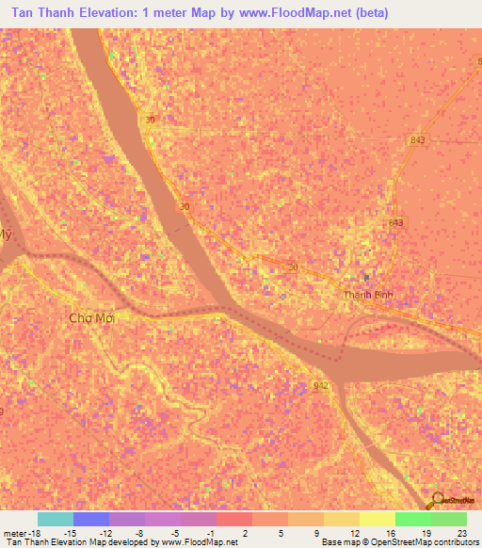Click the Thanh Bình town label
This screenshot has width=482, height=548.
(366, 295)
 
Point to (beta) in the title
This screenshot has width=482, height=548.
(366, 12)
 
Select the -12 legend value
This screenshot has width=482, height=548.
(105, 532)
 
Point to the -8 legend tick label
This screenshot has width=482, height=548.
(140, 532)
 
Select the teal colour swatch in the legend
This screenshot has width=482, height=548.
(55, 519)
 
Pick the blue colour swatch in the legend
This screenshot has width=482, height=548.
(90, 519)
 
